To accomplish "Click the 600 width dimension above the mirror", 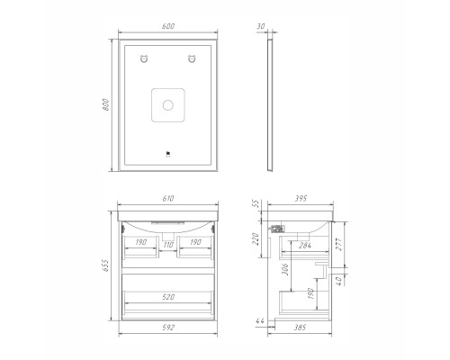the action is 168,26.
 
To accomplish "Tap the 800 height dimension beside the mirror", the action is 106,104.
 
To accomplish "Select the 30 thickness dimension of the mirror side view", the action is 261,26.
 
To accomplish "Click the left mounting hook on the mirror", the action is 144,58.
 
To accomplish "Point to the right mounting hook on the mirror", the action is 192,58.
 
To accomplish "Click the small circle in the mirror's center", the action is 168,105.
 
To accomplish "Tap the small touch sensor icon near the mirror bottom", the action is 168,155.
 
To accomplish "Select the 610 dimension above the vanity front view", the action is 168,199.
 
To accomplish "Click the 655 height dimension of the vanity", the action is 105,265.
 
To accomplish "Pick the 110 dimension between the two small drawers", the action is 168,245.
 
